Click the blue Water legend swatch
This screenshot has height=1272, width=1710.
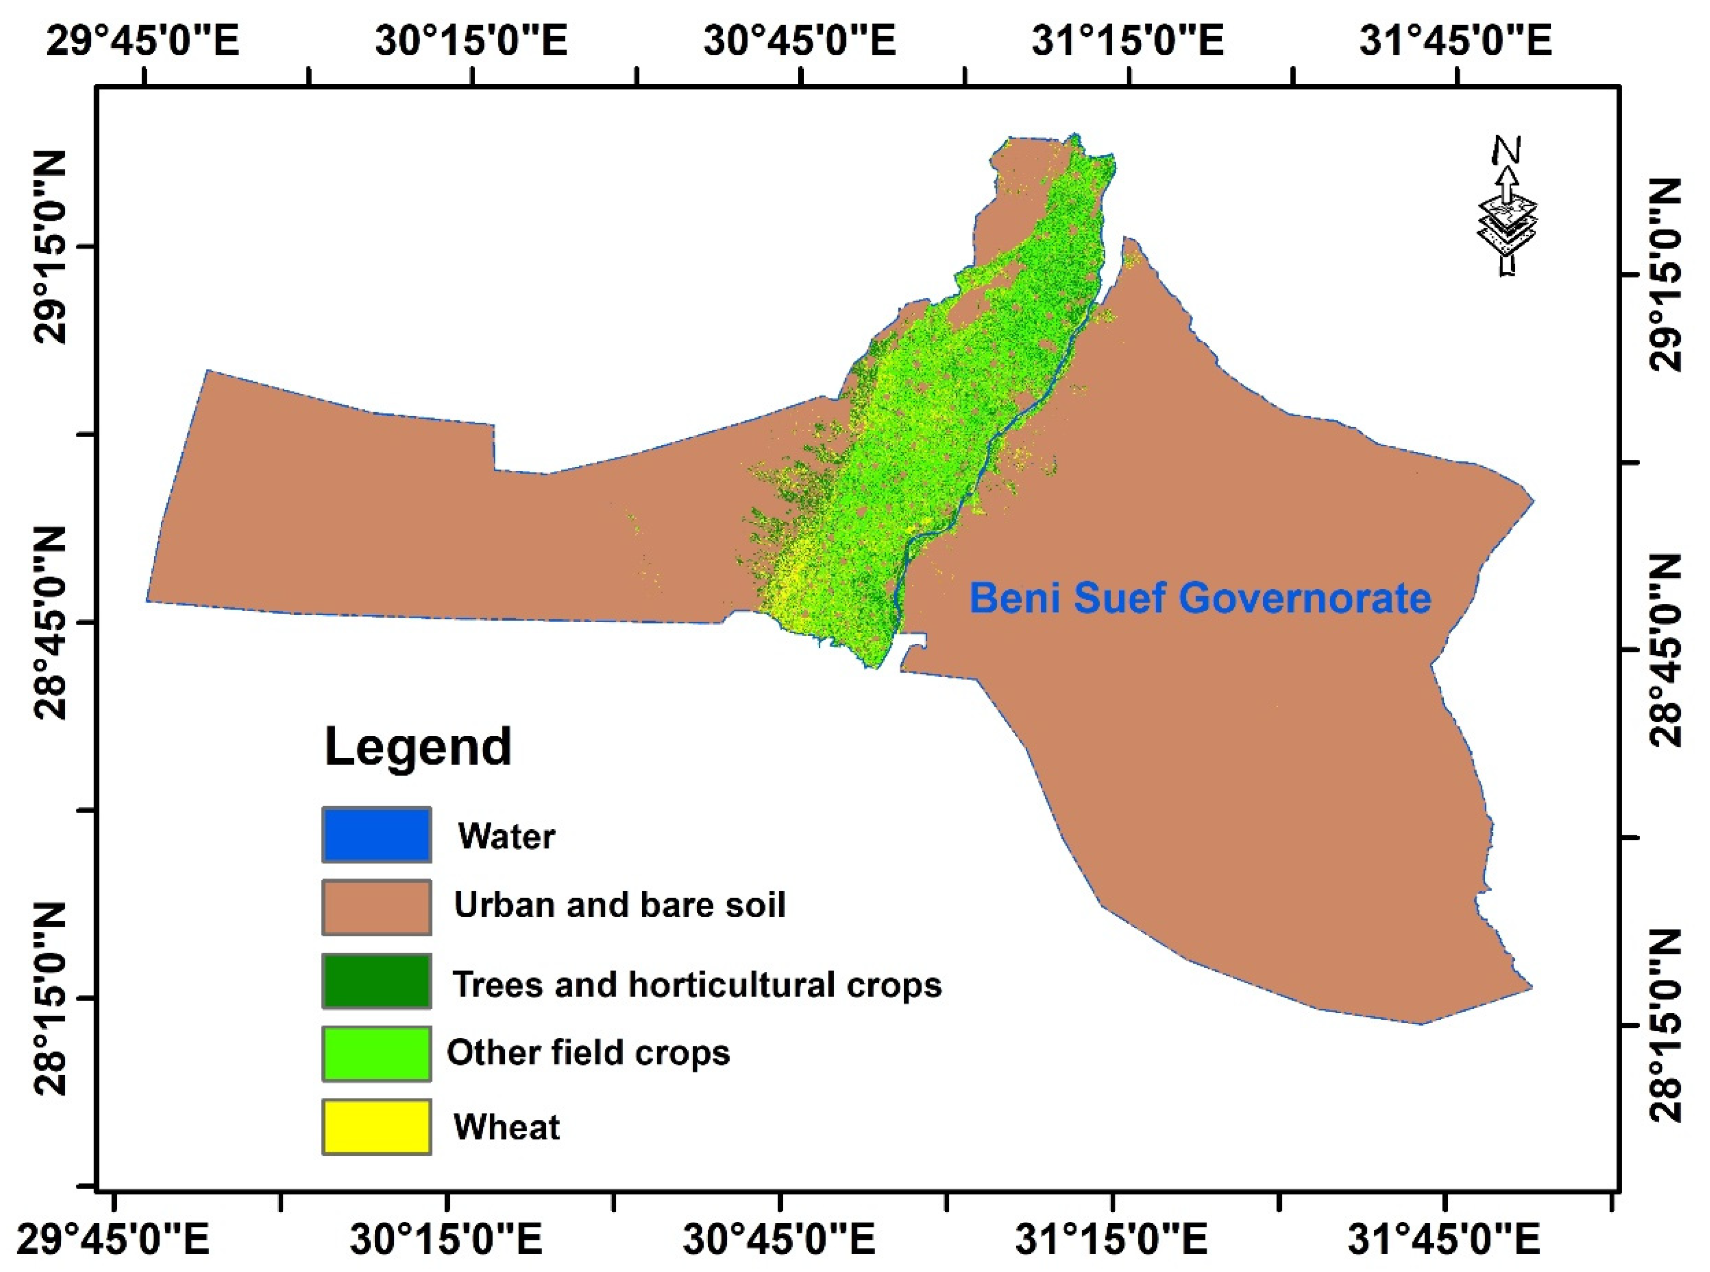click(x=376, y=835)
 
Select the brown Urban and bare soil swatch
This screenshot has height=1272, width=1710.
click(x=376, y=907)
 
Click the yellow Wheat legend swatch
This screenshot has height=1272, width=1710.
click(x=376, y=1126)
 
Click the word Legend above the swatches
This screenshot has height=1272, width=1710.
click(x=418, y=747)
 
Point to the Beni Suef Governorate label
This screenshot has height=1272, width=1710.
click(x=1200, y=598)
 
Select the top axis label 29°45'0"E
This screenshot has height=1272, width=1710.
click(x=143, y=40)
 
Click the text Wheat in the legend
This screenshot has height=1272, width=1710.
click(x=506, y=1127)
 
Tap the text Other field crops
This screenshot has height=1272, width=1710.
click(x=588, y=1052)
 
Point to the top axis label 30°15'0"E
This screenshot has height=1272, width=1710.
click(x=471, y=40)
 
